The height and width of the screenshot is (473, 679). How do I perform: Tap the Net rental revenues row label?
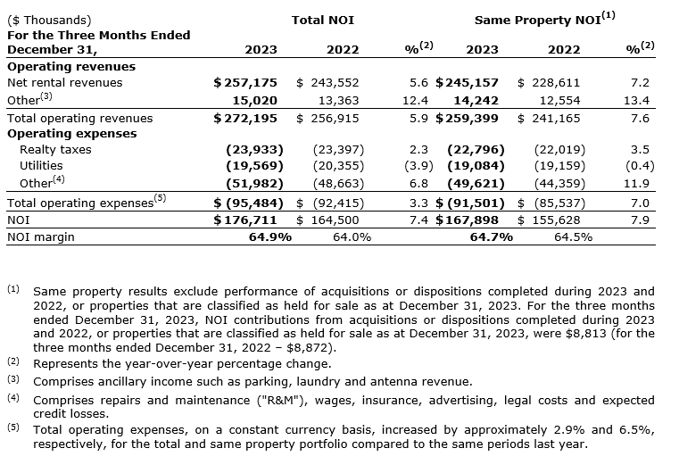tap(64, 82)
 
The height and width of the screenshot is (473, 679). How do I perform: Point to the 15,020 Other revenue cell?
tap(256, 100)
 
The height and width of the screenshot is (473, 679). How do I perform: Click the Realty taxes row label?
tap(55, 149)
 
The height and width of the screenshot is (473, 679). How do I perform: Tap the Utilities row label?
tap(43, 166)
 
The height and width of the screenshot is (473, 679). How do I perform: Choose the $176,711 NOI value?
tap(244, 220)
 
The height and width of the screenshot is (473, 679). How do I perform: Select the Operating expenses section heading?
tap(71, 133)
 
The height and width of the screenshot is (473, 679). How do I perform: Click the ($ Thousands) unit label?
tap(48, 19)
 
